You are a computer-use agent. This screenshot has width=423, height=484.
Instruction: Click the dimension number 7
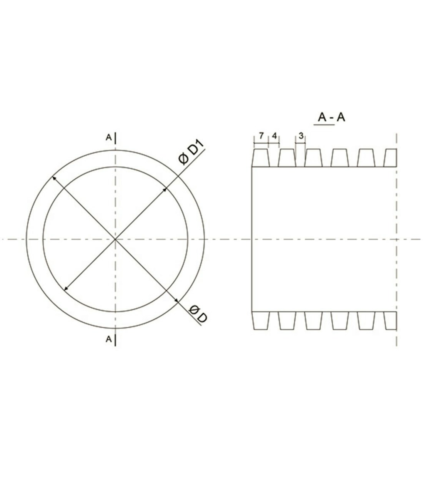coord(261,136)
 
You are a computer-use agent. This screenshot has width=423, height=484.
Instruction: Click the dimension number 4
coord(274,136)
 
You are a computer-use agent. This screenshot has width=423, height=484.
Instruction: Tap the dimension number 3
coord(301,136)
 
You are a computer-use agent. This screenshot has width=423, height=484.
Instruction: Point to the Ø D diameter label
coord(198,314)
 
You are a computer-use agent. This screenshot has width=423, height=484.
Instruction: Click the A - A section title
coord(331,117)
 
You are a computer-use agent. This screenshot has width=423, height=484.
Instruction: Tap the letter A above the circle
coord(108,137)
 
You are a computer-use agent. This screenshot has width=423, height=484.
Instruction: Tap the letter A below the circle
coord(108,339)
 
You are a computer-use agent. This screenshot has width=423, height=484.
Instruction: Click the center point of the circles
coord(115,239)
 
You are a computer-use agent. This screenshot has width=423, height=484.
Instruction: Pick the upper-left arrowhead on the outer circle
coord(54,178)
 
